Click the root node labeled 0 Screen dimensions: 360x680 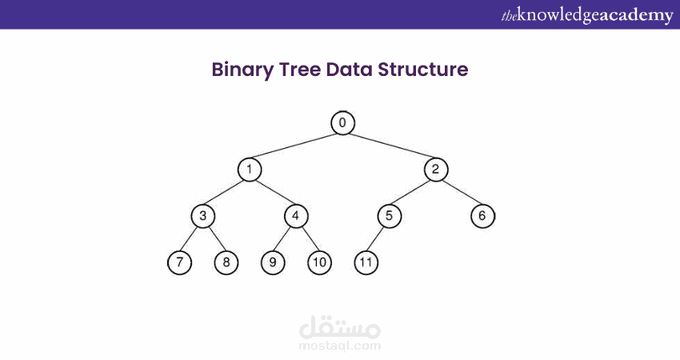pos(342,122)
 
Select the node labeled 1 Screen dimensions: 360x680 pos(250,169)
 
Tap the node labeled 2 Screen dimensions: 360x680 pos(436,169)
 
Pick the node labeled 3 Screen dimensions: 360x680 pos(203,216)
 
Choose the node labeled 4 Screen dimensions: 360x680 pos(296,216)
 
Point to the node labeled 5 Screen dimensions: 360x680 pos(389,216)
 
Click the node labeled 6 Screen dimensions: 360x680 pos(482,216)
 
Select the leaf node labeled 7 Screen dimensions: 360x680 pos(180,262)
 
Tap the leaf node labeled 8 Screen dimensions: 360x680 pos(226,262)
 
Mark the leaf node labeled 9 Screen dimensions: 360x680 pos(273,262)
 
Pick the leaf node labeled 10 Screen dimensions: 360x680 pos(319,262)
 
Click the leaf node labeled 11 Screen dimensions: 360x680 pos(366,262)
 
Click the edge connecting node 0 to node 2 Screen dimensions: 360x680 pos(390,146)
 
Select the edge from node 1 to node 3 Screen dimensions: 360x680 pos(226,193)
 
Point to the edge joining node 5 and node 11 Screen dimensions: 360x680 pos(378,239)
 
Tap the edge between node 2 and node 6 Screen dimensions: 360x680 pos(459,193)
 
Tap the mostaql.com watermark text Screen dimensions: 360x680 pos(339,346)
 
